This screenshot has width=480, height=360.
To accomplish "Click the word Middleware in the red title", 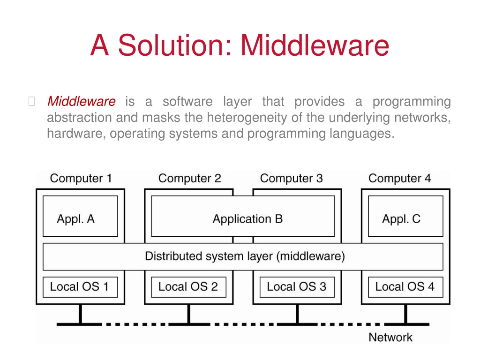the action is (315, 45).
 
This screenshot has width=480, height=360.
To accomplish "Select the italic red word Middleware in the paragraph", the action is (82, 101).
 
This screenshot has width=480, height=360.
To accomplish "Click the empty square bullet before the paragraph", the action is (31, 101).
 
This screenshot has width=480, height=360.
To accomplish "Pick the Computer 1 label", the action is (81, 179).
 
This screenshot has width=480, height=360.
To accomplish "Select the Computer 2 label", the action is (189, 179).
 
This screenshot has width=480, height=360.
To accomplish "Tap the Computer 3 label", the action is (292, 179).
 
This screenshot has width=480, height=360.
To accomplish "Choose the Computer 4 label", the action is (400, 179).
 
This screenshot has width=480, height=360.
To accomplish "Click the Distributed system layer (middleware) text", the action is (245, 256).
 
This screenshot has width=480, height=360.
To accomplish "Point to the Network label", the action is (390, 337).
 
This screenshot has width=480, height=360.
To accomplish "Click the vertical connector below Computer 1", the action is (81, 314).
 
